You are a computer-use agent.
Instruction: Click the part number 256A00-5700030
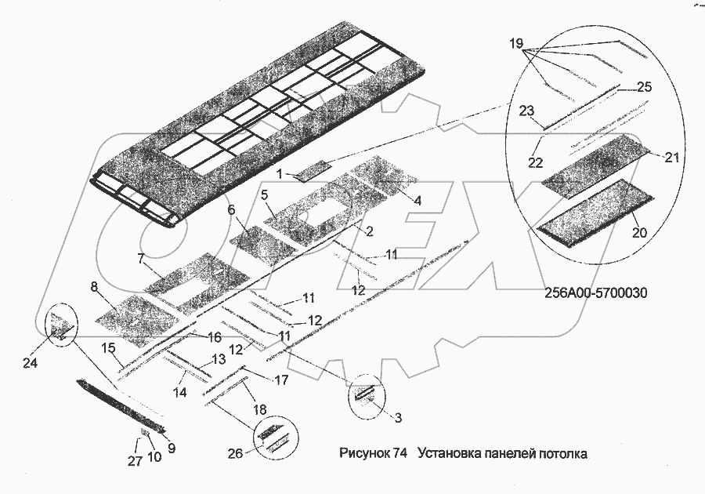[596, 293]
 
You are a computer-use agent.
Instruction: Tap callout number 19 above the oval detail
[517, 44]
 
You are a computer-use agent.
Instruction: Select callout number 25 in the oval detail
[645, 87]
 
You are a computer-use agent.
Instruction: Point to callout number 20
[639, 233]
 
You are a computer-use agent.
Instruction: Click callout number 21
[671, 158]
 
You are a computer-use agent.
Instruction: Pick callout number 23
[526, 111]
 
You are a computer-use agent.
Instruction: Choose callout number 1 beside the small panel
[280, 173]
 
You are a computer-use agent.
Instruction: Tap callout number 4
[418, 201]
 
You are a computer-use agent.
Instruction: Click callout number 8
[94, 287]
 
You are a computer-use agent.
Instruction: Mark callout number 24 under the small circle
[30, 362]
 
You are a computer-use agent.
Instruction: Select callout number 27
[136, 461]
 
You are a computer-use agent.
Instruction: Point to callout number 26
[235, 453]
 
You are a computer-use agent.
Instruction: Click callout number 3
[398, 418]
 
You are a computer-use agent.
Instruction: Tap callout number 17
[281, 380]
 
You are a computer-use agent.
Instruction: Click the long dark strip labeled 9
[121, 406]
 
